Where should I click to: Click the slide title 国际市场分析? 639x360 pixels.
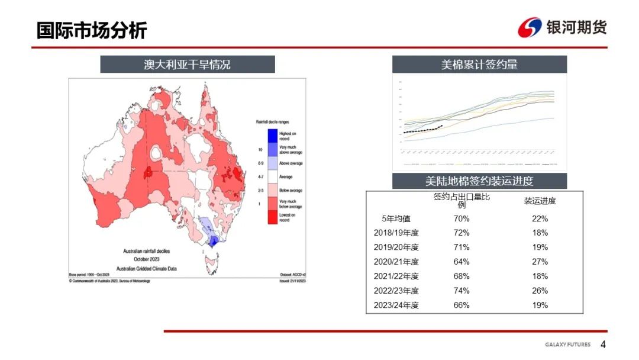(x=92, y=30)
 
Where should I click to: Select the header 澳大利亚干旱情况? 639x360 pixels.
(x=187, y=65)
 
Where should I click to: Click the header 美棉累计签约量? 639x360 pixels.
(x=479, y=65)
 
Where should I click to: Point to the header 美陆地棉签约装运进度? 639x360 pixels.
(x=479, y=181)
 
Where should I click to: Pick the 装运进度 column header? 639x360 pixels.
(x=540, y=201)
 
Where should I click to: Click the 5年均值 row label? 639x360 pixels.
(x=396, y=218)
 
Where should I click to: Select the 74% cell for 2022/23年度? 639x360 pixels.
(x=461, y=291)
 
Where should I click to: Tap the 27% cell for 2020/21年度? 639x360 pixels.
(x=540, y=262)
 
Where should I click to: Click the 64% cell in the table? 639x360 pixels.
(x=461, y=262)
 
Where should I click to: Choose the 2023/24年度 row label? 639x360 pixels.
(x=396, y=306)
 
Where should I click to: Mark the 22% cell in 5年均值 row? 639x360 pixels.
(x=540, y=218)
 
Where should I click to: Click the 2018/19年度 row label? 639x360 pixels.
(x=396, y=233)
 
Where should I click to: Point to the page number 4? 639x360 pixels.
(x=603, y=345)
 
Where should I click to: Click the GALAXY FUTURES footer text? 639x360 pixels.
(x=567, y=345)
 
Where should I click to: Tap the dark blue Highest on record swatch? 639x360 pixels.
(x=273, y=135)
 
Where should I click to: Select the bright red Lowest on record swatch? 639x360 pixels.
(x=273, y=217)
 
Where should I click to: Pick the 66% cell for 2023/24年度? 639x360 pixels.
(x=461, y=306)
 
